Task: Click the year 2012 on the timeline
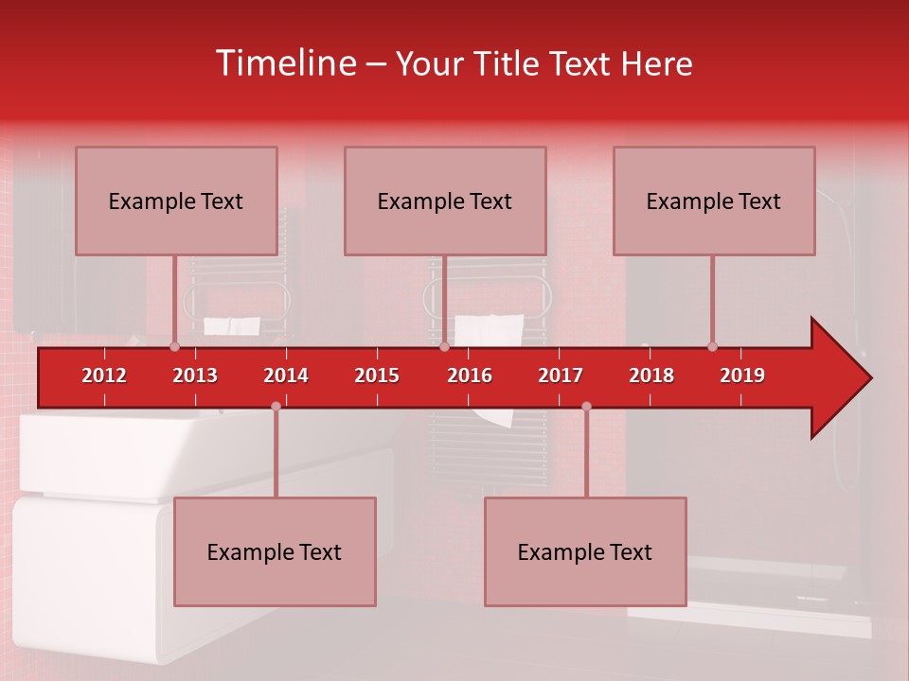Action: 104,375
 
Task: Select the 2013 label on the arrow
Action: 195,375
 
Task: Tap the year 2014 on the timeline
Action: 286,375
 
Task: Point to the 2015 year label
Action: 377,375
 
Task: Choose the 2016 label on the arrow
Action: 470,375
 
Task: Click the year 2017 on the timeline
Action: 561,375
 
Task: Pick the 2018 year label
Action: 651,375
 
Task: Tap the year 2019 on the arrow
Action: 742,375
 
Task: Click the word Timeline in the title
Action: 285,63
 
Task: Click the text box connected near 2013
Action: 176,201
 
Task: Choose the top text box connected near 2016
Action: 445,201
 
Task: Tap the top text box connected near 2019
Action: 714,201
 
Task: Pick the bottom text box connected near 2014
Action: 275,551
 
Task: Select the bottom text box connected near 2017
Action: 585,551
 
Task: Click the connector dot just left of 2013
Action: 174,346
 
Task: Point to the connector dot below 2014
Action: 276,406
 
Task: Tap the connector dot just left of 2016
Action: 444,346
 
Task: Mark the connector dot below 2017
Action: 586,406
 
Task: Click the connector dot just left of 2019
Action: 712,346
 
